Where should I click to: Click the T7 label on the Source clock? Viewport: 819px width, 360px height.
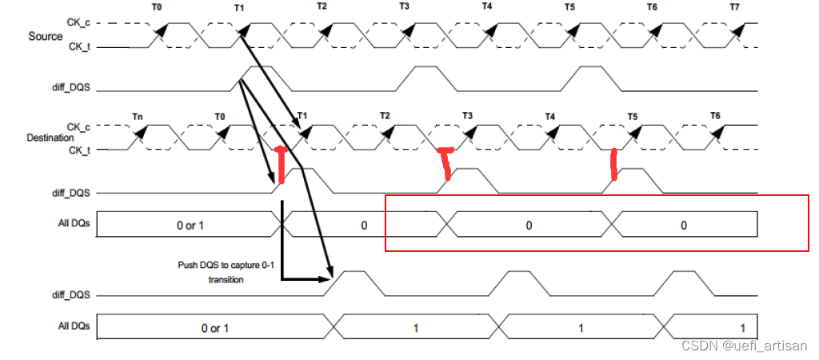coord(735,7)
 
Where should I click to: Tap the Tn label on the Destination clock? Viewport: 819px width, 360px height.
coord(138,117)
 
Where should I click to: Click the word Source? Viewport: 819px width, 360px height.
coord(45,36)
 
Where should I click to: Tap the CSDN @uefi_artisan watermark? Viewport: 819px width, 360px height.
coord(745,346)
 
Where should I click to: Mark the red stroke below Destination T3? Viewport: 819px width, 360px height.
coord(445,162)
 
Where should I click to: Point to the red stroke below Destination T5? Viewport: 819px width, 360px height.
coord(613,164)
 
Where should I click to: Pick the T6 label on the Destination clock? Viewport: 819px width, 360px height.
coord(715,117)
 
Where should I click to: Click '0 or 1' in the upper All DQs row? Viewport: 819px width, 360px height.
coord(190,226)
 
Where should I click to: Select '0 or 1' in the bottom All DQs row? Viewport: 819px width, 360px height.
coord(214,328)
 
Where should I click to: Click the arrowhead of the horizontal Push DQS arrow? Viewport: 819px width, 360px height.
coord(330,279)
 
